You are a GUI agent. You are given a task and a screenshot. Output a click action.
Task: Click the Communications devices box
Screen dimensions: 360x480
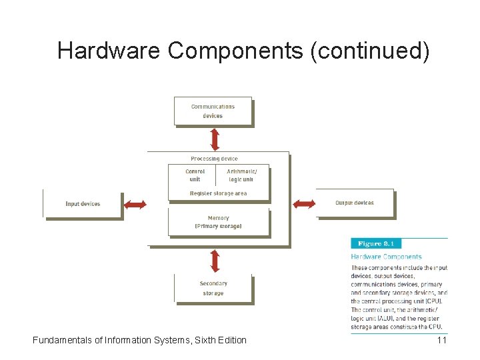pyautogui.click(x=213, y=111)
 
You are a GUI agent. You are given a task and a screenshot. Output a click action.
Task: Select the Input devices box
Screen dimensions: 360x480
pyautogui.click(x=83, y=204)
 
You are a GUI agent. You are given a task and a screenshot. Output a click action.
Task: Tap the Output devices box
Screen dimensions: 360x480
pyautogui.click(x=355, y=203)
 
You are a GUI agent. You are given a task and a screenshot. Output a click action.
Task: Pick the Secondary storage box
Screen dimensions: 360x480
pyautogui.click(x=213, y=289)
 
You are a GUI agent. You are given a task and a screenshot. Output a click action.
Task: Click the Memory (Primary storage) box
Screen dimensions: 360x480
pyautogui.click(x=219, y=222)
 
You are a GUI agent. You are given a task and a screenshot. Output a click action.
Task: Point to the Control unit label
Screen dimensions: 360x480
pyautogui.click(x=195, y=175)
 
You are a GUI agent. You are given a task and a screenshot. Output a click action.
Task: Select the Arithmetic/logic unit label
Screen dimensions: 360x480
pyautogui.click(x=241, y=175)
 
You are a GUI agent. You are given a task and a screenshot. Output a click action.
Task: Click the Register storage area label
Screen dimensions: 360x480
pyautogui.click(x=218, y=193)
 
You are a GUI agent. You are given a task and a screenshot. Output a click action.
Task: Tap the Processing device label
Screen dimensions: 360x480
pyautogui.click(x=214, y=159)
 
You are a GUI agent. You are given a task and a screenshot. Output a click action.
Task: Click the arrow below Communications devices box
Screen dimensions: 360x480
pyautogui.click(x=215, y=139)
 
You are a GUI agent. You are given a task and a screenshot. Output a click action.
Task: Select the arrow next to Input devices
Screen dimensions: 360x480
pyautogui.click(x=135, y=204)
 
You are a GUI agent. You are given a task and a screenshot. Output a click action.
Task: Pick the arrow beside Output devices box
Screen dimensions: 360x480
pyautogui.click(x=305, y=203)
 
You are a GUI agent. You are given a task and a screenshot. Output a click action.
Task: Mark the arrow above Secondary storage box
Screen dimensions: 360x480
pyautogui.click(x=215, y=261)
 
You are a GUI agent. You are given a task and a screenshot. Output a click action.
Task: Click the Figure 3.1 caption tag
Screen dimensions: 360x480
pyautogui.click(x=376, y=244)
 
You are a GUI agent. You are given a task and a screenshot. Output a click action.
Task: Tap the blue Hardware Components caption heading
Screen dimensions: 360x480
pyautogui.click(x=387, y=257)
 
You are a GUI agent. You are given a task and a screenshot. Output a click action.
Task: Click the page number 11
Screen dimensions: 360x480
pyautogui.click(x=441, y=340)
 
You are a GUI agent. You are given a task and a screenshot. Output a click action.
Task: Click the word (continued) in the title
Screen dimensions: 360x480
pyautogui.click(x=369, y=51)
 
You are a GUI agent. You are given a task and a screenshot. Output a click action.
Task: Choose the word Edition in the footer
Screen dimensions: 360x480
pyautogui.click(x=230, y=340)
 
